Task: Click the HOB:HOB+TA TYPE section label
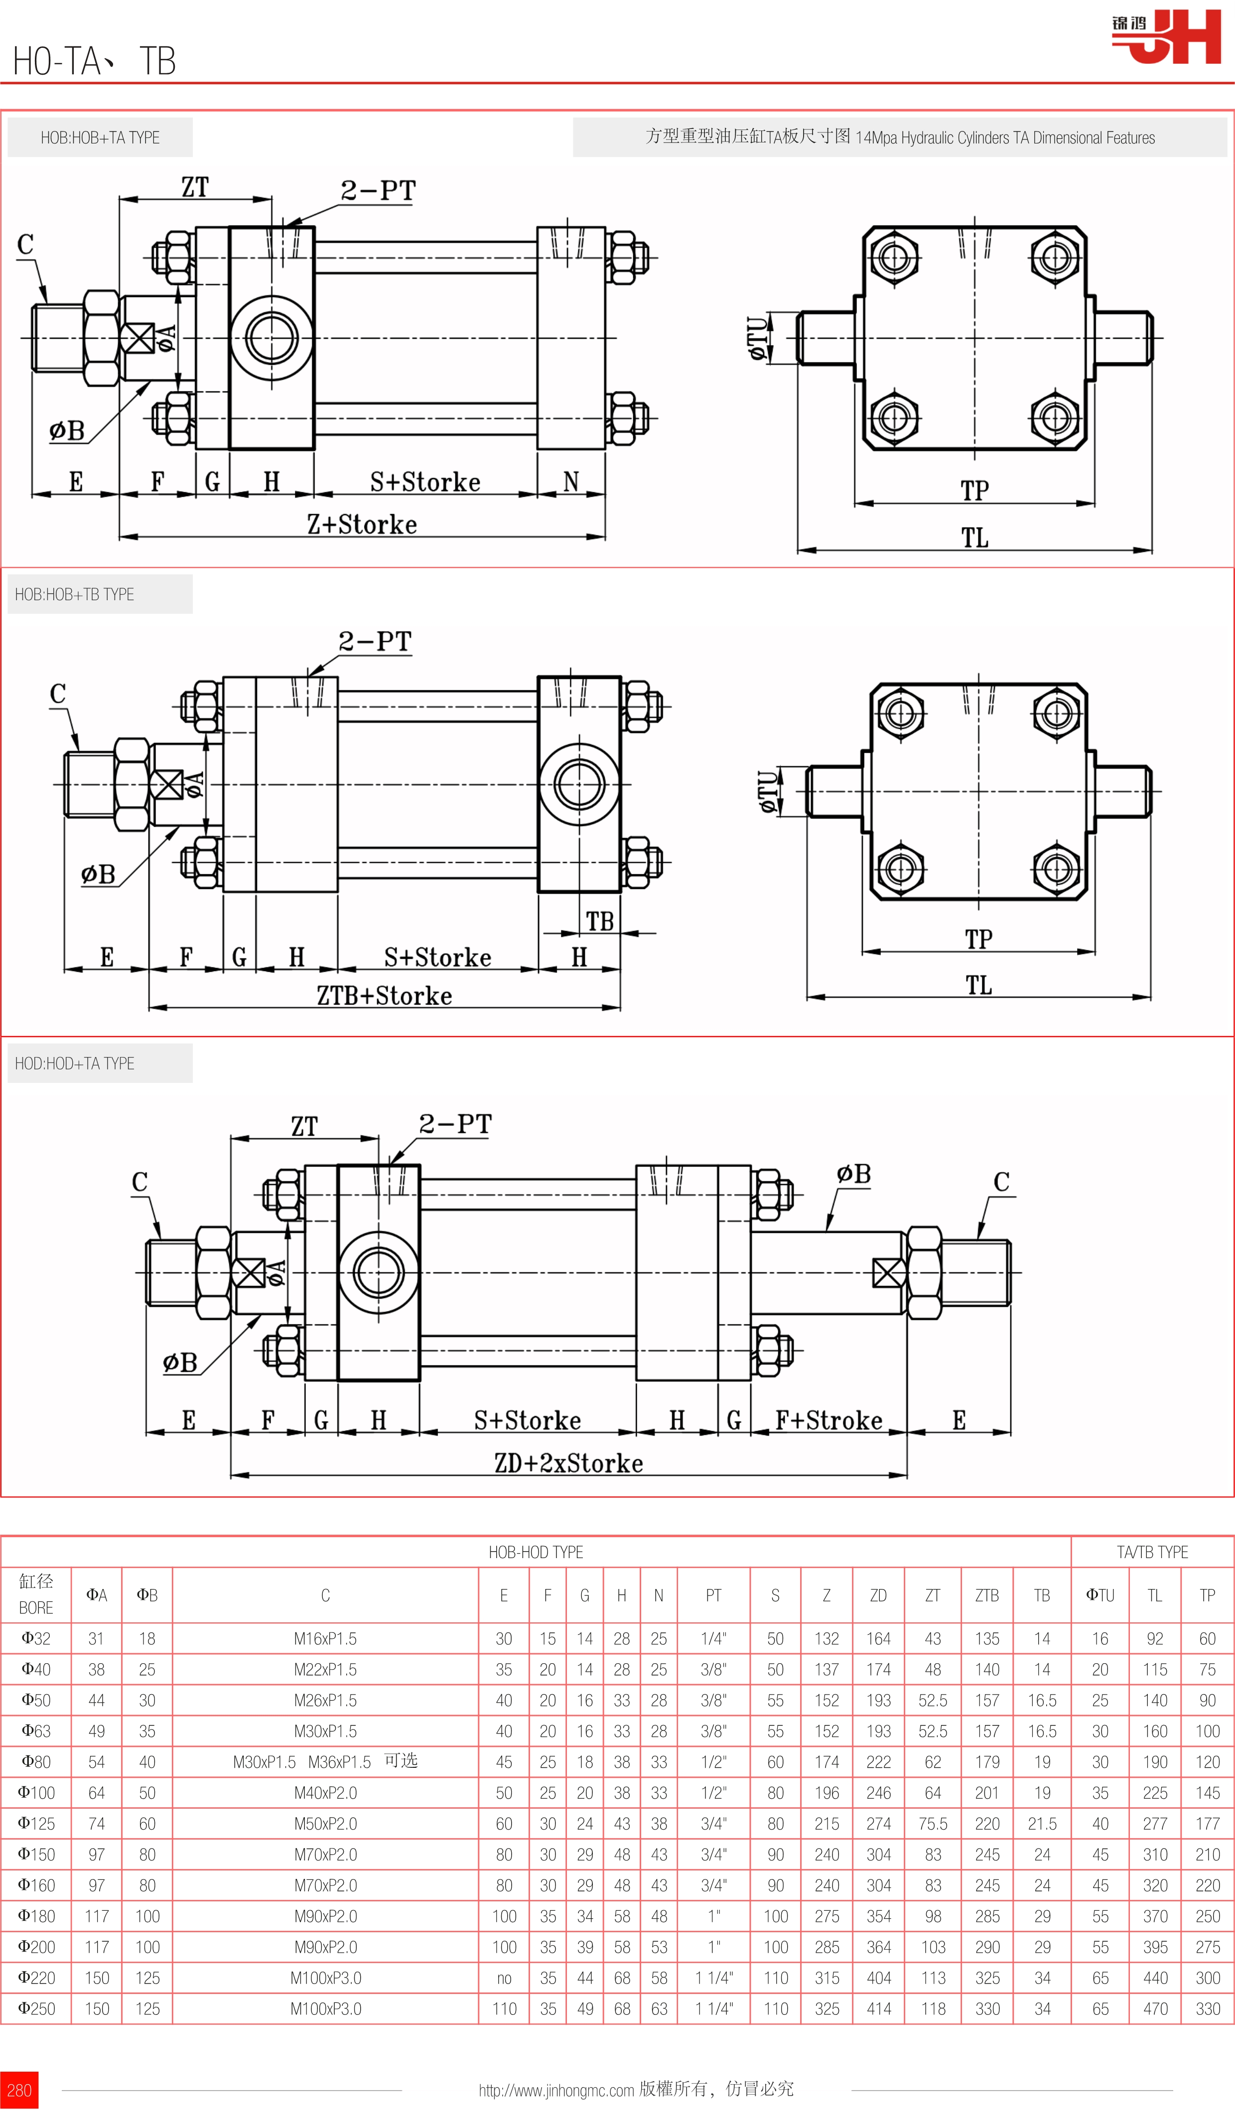[x=100, y=138]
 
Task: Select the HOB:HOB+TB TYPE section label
[x=75, y=595]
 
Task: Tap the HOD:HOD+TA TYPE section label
[x=75, y=1063]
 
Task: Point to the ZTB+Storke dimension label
[x=384, y=996]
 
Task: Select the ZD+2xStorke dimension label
[x=569, y=1463]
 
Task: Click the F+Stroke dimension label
[x=828, y=1421]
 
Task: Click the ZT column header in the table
[x=933, y=1595]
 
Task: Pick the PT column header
[x=713, y=1595]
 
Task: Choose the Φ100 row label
[x=36, y=1793]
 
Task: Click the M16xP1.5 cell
[x=325, y=1639]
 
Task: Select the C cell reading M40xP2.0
[x=325, y=1793]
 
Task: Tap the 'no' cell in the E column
[x=504, y=1979]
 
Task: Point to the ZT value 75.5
[x=933, y=1824]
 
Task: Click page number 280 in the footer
[x=18, y=2090]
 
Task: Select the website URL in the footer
[x=556, y=2090]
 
